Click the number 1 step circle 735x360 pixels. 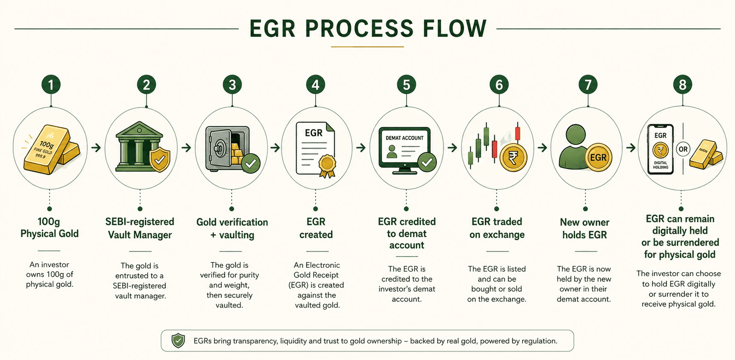click(x=51, y=85)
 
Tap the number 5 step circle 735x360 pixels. click(x=406, y=85)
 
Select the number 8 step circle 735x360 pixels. click(x=682, y=85)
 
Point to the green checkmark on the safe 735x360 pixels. click(x=250, y=164)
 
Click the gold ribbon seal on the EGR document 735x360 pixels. click(x=327, y=166)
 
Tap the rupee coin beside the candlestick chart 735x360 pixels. click(x=513, y=158)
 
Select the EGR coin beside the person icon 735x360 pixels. click(x=598, y=157)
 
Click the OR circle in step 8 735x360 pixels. click(x=683, y=149)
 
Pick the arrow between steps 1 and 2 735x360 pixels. click(x=96, y=147)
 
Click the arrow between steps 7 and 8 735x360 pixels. click(x=631, y=147)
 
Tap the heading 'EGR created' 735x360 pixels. click(x=316, y=228)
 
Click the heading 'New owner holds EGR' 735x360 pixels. click(x=585, y=229)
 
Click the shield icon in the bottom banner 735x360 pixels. click(x=178, y=341)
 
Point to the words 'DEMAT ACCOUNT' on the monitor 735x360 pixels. click(x=404, y=138)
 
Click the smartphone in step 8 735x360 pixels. click(x=660, y=149)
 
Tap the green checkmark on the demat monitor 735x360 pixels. click(x=427, y=162)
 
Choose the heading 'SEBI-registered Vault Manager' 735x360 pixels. click(x=140, y=228)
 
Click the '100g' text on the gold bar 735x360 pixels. click(x=47, y=145)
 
